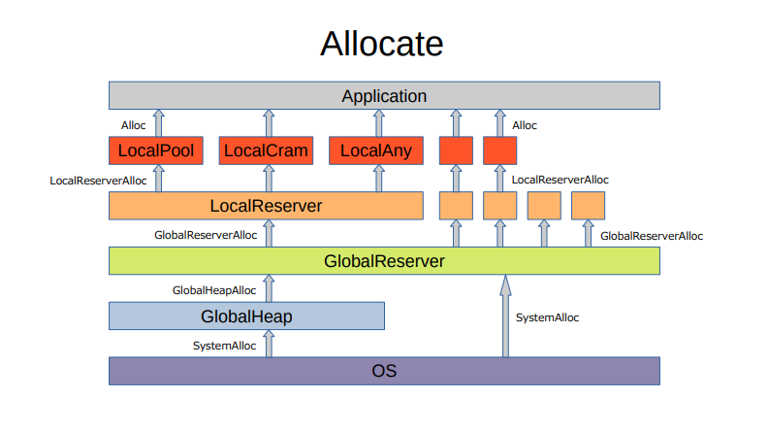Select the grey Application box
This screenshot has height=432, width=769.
pos(384,96)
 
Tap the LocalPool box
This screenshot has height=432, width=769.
pos(155,150)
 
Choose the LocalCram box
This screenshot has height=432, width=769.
pos(267,150)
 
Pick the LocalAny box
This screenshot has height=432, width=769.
pos(376,150)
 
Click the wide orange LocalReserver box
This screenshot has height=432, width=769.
pos(266,206)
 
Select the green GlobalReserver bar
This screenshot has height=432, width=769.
pos(384,261)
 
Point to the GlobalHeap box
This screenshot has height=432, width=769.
pos(246,316)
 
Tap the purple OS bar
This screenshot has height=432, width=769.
pos(384,371)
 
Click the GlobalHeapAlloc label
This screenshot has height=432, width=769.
pos(214,290)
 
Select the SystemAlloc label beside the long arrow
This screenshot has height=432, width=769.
pos(547,317)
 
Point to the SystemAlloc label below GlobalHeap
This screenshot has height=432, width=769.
pos(225,346)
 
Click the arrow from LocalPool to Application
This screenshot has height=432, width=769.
pos(159,123)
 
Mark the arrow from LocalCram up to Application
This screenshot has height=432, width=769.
pos(269,123)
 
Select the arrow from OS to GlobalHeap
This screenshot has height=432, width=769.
pos(269,344)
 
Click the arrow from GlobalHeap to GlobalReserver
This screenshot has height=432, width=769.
pos(269,288)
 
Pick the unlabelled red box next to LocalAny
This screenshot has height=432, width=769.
pos(456,150)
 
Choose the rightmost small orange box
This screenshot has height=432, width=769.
pos(588,206)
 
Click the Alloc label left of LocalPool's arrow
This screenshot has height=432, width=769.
pos(134,125)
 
